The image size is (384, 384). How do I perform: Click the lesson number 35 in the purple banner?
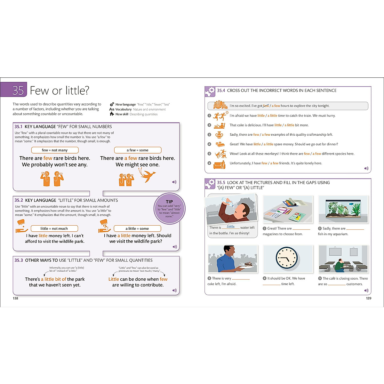coord(18,91)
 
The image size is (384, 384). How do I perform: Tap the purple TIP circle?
coord(169,209)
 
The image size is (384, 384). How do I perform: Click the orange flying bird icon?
coord(147,175)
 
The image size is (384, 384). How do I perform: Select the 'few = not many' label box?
coord(55,150)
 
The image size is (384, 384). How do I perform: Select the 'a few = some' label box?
coord(138,150)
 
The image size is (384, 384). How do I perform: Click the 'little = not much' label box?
coord(54,228)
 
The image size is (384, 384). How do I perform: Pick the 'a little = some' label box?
coord(137,228)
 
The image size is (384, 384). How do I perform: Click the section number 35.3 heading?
coord(19,260)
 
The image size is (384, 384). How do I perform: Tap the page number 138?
coord(15,298)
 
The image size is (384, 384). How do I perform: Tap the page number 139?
coord(369,298)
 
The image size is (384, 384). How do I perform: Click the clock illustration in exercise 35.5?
coord(287,258)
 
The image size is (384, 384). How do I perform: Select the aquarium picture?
coord(343,210)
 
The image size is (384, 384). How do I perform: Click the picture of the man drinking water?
coord(232,210)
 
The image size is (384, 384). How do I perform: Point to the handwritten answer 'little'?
coord(231,227)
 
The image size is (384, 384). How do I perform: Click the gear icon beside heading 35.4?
coord(210,91)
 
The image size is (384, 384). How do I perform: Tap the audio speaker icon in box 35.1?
coord(174,182)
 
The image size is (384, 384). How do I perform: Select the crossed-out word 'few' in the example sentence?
coord(266,106)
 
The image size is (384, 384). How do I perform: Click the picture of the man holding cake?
coord(232,259)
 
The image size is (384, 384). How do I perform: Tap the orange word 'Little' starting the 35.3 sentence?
coord(114,279)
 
